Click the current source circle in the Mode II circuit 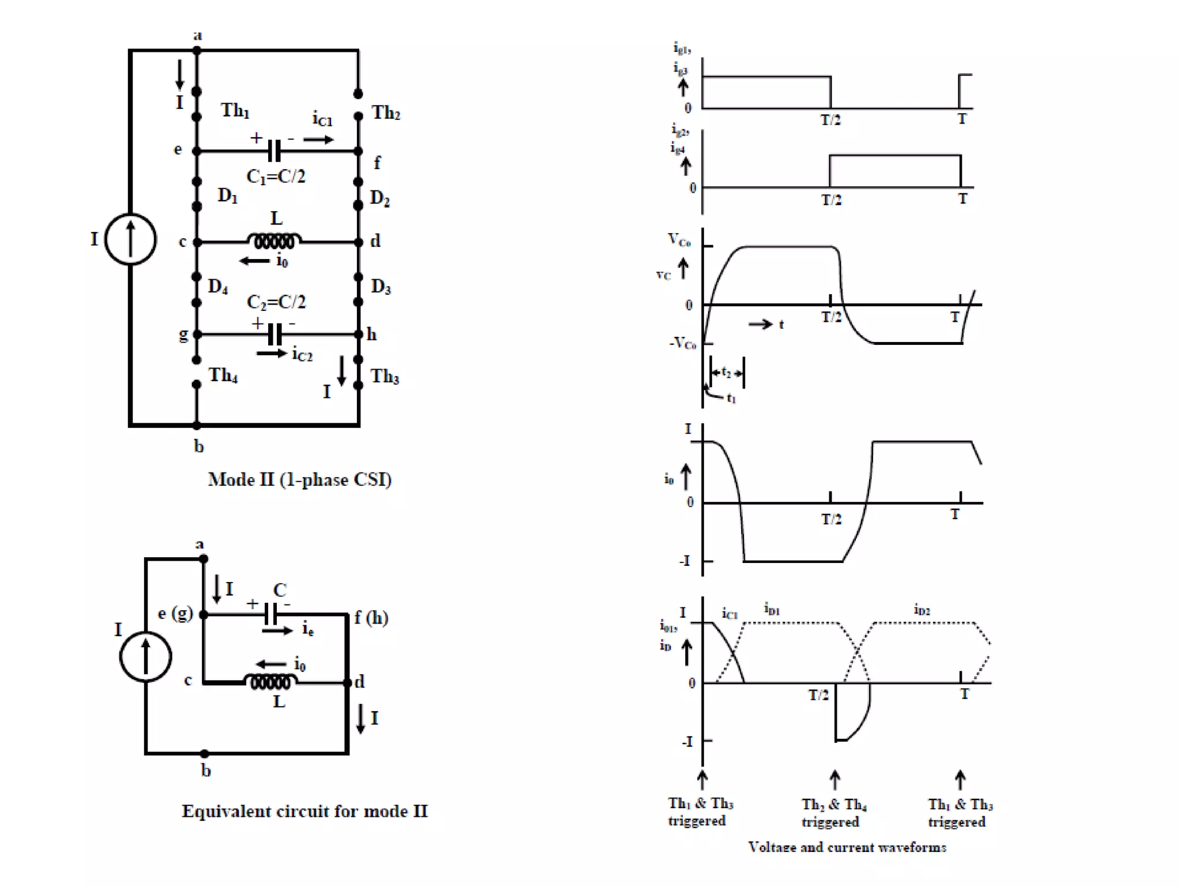coord(130,239)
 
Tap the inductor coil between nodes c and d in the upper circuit coord(274,240)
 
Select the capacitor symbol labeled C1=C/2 coord(274,151)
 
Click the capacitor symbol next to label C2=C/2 coord(275,334)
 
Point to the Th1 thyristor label coord(235,110)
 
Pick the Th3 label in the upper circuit coord(384,376)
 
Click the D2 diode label coord(379,198)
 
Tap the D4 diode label coord(218,286)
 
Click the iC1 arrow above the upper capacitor coord(318,140)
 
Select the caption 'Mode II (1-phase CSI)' coord(299,479)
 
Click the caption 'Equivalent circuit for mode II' coord(304,811)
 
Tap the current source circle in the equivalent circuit coord(145,656)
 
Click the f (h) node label coord(371,618)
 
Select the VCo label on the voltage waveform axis coord(679,239)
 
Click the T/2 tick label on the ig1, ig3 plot coord(830,120)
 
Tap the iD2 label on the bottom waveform coord(922,609)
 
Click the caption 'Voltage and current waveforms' coord(847,847)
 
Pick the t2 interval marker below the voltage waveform coord(727,373)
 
